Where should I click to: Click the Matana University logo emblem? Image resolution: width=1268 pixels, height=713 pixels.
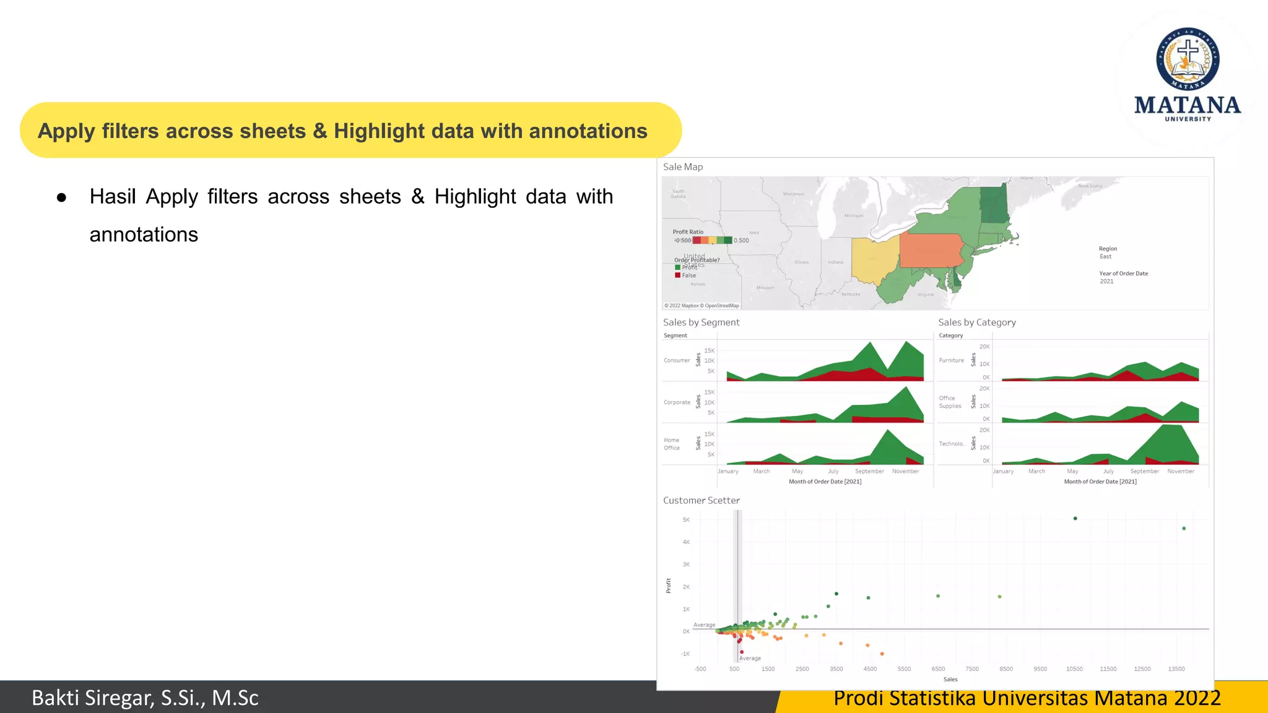(x=1188, y=59)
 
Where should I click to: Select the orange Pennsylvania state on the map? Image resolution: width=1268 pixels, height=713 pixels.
(x=931, y=250)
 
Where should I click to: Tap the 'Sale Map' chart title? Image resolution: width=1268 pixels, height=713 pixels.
(x=683, y=167)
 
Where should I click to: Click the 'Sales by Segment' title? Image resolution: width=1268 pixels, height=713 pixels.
(x=701, y=322)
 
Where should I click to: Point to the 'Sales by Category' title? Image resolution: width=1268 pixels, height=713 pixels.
(x=976, y=322)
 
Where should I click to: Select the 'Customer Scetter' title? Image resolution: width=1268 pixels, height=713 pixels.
(x=701, y=500)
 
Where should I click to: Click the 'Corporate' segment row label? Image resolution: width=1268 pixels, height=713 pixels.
(x=677, y=402)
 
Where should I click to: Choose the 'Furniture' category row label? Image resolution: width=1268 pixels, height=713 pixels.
(x=951, y=360)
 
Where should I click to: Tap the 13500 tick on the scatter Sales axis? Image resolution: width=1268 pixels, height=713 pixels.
(x=1176, y=669)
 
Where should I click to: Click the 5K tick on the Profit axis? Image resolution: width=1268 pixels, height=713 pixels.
(x=686, y=520)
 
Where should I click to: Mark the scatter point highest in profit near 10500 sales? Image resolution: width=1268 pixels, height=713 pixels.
(x=1075, y=519)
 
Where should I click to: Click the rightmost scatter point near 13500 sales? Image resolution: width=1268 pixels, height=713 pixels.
(x=1184, y=529)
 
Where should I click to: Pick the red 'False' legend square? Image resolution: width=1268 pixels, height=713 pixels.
(x=677, y=275)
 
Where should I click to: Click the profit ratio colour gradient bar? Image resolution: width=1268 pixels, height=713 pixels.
(x=712, y=240)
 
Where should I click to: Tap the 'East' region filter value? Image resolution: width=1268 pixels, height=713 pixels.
(x=1105, y=257)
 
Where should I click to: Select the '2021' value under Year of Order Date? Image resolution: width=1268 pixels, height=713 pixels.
(x=1106, y=282)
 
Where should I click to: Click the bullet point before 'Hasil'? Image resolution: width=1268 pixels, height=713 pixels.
(x=61, y=198)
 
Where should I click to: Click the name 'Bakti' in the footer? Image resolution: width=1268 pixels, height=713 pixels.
(x=56, y=698)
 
